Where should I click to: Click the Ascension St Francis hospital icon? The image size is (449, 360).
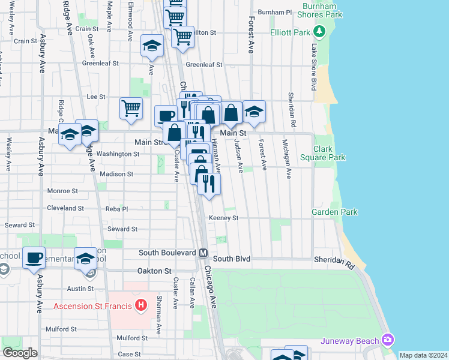140,305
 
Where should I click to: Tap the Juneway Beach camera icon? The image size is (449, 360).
388,340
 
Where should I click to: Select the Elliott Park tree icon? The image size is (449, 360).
320,31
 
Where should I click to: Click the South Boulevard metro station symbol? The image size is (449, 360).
203,253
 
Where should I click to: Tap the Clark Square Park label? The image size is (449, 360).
329,153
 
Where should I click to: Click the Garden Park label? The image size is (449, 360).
334,212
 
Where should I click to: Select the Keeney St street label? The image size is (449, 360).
224,218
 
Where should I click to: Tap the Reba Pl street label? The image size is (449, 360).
116,209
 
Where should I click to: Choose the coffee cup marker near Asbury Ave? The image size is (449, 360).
34,258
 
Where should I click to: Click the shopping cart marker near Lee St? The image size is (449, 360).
131,109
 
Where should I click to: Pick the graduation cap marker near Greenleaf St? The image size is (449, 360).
152,46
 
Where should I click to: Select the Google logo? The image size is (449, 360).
20,353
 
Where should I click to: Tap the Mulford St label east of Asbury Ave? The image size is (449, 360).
61,329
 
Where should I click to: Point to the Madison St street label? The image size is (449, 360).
116,174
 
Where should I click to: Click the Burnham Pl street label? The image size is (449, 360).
274,12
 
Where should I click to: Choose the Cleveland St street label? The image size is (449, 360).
65,208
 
